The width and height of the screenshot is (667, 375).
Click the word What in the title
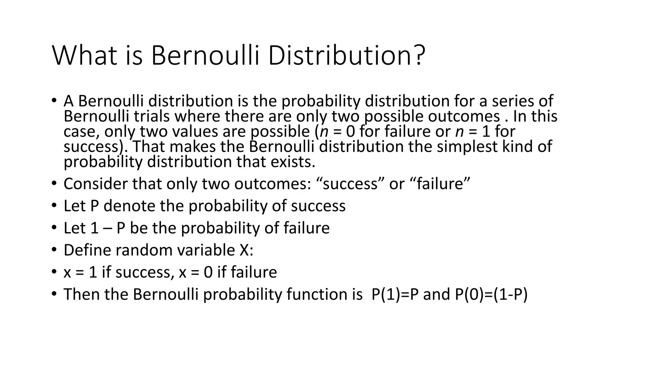(x=84, y=56)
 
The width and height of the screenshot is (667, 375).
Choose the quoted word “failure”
(x=443, y=184)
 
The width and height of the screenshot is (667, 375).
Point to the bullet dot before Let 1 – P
(x=54, y=228)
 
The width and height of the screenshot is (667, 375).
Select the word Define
(x=86, y=250)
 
